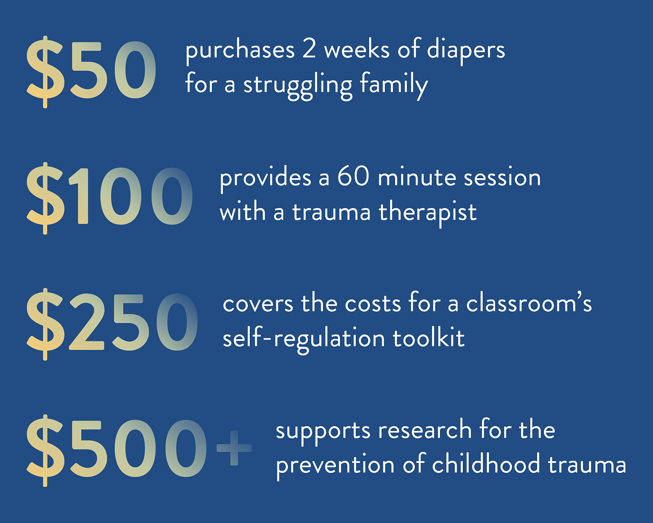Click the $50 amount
tap(91, 72)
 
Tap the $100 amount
tap(109, 198)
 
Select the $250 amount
tap(112, 324)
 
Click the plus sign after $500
tap(234, 448)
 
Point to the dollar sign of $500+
tap(45, 450)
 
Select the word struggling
tap(298, 85)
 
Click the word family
tap(394, 85)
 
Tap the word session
tap(502, 178)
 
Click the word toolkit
tap(429, 338)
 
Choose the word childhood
tap(486, 463)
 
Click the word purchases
tap(240, 52)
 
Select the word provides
tap(266, 179)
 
